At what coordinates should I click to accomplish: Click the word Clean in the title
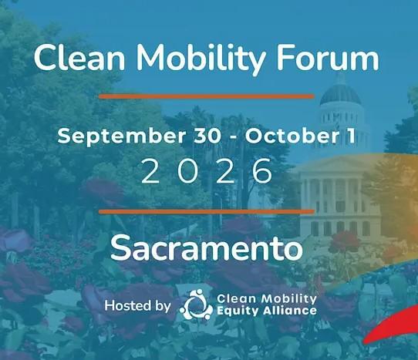click(x=79, y=58)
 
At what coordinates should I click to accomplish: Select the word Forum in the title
click(x=328, y=58)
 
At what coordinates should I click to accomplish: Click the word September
click(x=121, y=136)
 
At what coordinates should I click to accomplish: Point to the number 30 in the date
click(x=207, y=136)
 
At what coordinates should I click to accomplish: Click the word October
click(x=292, y=136)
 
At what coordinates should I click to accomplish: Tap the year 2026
click(x=207, y=171)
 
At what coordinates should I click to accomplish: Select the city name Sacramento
click(x=207, y=247)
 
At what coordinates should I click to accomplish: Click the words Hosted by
click(x=137, y=305)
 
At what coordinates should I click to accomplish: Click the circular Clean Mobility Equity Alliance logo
click(x=197, y=304)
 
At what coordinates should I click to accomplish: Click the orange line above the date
click(x=207, y=96)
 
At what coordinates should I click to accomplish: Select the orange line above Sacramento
click(x=207, y=211)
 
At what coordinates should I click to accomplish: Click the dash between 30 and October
click(x=234, y=138)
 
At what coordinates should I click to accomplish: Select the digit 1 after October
click(x=352, y=136)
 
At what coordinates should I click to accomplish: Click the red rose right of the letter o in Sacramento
click(x=346, y=242)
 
